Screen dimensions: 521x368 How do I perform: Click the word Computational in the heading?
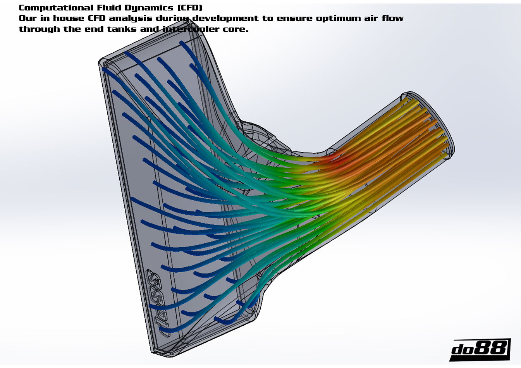click(56, 8)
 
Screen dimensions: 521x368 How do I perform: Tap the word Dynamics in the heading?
click(149, 8)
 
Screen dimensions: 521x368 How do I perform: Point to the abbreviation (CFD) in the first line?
click(189, 8)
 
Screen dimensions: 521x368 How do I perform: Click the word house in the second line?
click(69, 18)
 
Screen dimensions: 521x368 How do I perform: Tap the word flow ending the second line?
click(392, 18)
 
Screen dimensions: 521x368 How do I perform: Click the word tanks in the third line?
click(121, 29)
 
